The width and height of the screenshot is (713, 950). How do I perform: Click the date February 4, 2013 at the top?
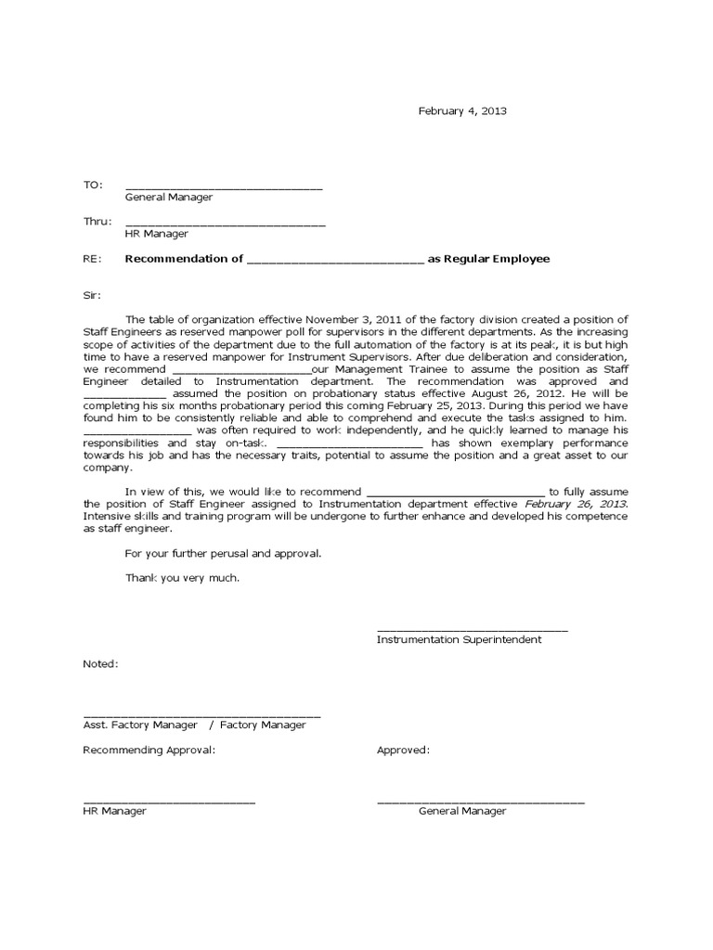tap(462, 110)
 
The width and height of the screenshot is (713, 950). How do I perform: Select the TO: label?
tap(93, 185)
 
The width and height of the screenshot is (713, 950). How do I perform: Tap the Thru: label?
tap(97, 221)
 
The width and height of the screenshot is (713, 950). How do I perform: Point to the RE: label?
tap(92, 259)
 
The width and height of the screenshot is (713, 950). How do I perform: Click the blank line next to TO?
tap(224, 187)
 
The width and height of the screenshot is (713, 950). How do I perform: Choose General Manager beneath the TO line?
tap(169, 197)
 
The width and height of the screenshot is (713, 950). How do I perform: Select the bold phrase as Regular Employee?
tap(488, 259)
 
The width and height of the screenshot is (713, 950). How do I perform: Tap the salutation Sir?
tap(94, 296)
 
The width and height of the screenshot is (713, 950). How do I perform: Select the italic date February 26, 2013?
tap(576, 504)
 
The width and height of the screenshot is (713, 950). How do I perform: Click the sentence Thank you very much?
tap(182, 577)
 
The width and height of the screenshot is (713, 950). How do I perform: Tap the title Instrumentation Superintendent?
tap(459, 639)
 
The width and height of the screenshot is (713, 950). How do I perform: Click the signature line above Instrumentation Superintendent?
tap(472, 630)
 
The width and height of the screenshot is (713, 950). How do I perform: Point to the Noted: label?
tap(100, 664)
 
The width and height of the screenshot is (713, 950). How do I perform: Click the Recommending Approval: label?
tap(149, 750)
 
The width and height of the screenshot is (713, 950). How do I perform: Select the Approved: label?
tap(403, 750)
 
